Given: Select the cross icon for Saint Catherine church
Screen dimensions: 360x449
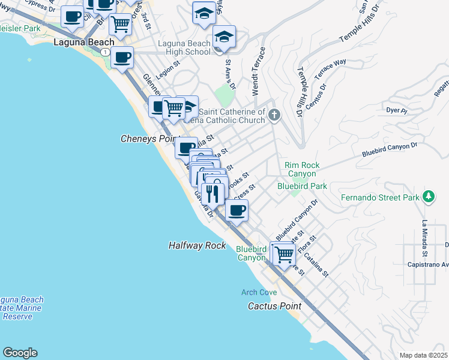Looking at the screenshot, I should tap(274, 115).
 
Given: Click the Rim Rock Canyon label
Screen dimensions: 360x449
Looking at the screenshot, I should tap(302, 169).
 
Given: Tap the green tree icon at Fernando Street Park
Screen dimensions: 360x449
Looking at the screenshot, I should tap(428, 196).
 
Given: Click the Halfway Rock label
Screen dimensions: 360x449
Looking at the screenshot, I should tap(197, 245).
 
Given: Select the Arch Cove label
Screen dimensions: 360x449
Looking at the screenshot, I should tap(259, 293).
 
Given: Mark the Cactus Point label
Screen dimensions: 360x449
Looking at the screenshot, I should tap(274, 306).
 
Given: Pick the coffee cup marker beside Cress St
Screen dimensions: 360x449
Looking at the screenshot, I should tap(237, 210).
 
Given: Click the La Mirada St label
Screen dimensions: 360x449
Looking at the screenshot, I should tap(424, 236).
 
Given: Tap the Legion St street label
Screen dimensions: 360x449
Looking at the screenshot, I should tap(169, 73).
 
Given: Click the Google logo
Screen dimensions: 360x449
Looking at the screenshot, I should tap(20, 353).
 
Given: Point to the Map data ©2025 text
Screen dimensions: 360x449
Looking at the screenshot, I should tap(424, 355).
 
